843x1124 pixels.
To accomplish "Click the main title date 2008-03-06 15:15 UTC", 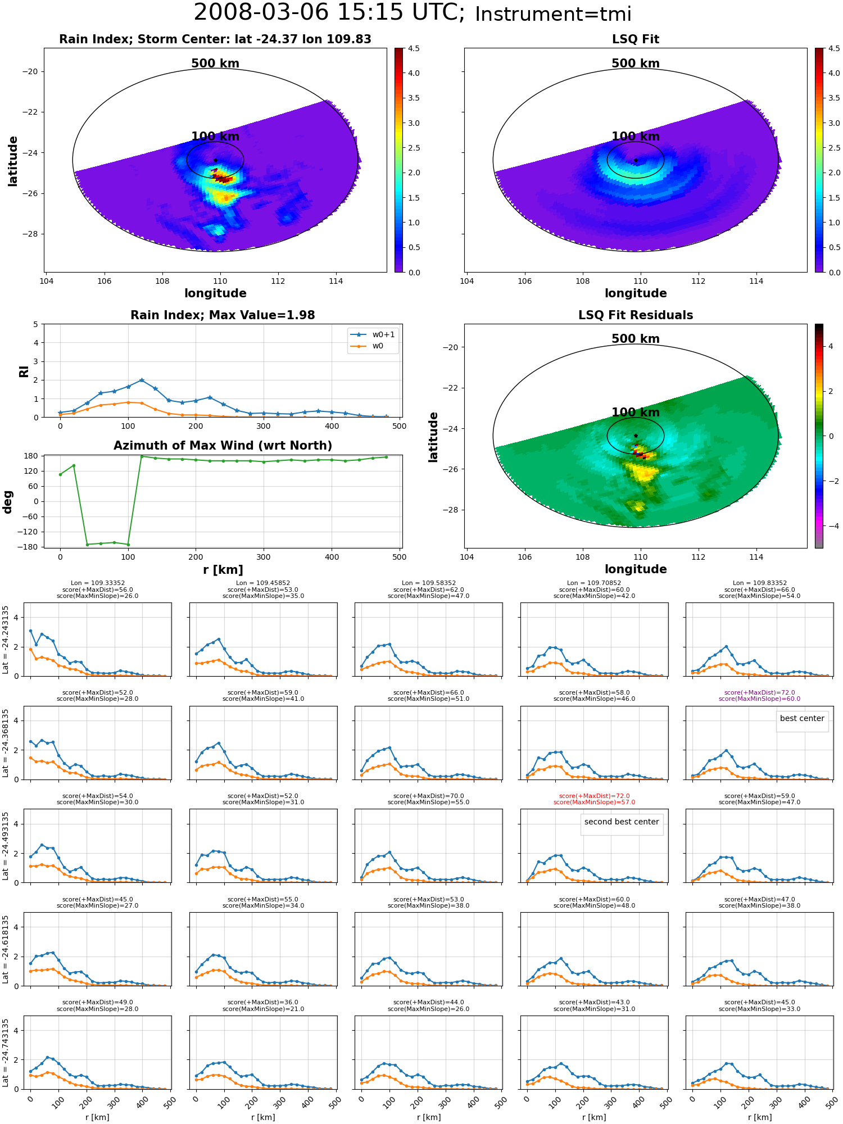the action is click(329, 13).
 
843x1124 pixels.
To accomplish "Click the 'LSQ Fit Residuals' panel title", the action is click(636, 315).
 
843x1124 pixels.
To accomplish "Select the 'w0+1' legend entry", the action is click(373, 334).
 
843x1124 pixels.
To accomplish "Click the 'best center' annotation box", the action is click(802, 718).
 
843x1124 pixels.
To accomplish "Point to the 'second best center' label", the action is click(622, 822).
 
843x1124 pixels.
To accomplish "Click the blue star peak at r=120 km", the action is click(142, 380).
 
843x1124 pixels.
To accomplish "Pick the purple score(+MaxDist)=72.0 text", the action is click(759, 692).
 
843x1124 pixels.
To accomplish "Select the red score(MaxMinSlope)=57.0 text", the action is click(594, 802).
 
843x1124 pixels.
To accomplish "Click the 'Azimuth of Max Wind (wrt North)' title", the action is click(223, 446).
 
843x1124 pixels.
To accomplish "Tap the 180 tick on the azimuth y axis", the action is click(31, 456).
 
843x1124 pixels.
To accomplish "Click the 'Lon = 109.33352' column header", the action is click(98, 583).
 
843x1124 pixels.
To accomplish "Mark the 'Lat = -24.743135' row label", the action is click(6, 1053).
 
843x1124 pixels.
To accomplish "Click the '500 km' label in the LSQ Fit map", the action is click(636, 64).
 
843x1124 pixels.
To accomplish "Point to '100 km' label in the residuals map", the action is click(636, 413).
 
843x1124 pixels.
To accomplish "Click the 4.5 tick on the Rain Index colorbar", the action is click(414, 48).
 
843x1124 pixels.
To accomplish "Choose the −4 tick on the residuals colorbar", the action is click(831, 526).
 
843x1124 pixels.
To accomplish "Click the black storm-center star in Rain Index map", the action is click(215, 160).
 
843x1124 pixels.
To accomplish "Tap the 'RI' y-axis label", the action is click(24, 371).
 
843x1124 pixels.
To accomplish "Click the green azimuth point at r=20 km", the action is click(74, 465).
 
